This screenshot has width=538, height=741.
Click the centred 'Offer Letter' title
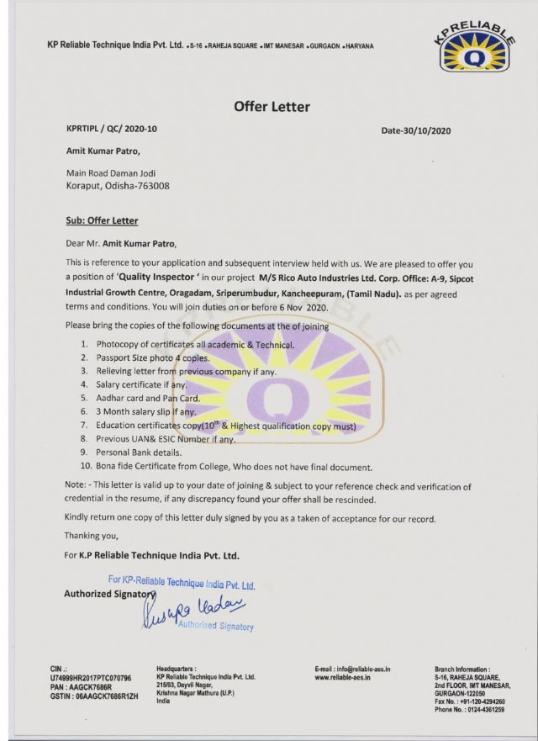[x=271, y=107]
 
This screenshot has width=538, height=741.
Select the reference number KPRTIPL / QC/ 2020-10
[x=111, y=130]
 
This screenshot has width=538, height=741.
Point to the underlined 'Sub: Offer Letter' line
[x=102, y=220]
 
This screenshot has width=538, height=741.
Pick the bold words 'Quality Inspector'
[x=168, y=275]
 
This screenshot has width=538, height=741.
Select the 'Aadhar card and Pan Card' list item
[x=146, y=397]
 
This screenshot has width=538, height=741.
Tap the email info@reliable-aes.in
[x=352, y=669]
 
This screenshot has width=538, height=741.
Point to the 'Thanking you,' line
[x=92, y=536]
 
